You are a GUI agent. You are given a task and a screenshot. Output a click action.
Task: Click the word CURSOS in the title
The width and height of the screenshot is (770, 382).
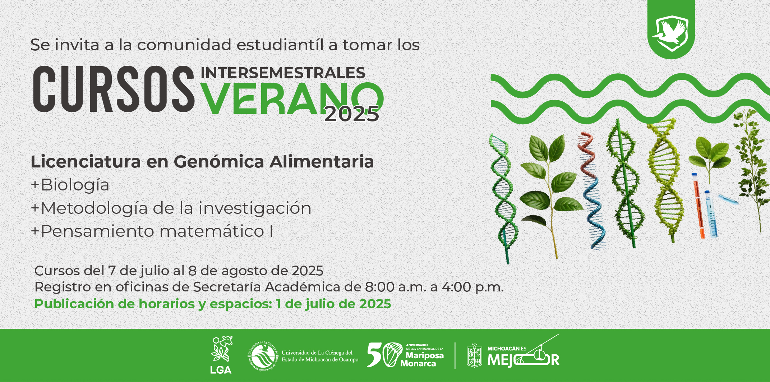pyautogui.click(x=114, y=89)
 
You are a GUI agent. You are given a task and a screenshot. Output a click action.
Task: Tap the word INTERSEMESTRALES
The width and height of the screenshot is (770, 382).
pyautogui.click(x=283, y=73)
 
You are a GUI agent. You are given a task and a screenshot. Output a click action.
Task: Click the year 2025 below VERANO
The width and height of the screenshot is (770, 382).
pyautogui.click(x=352, y=114)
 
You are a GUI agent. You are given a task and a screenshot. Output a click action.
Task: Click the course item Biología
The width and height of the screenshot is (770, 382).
pyautogui.click(x=75, y=185)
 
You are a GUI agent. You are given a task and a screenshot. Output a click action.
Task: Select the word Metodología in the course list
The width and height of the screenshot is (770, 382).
pyautogui.click(x=94, y=208)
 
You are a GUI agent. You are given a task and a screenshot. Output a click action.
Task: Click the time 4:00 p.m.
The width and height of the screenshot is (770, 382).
pyautogui.click(x=472, y=287)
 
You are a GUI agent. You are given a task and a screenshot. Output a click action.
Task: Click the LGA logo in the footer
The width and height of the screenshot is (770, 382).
pyautogui.click(x=221, y=355)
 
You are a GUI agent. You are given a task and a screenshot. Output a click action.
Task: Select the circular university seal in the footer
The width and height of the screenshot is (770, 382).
pyautogui.click(x=263, y=356)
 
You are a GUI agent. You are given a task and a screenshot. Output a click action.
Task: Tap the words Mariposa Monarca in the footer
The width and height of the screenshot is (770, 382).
pyautogui.click(x=422, y=359)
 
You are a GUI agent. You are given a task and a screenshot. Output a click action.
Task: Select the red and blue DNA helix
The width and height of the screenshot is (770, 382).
pyautogui.click(x=591, y=190)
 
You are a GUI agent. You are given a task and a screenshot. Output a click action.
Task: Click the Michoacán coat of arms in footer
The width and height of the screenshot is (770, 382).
pyautogui.click(x=474, y=356)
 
